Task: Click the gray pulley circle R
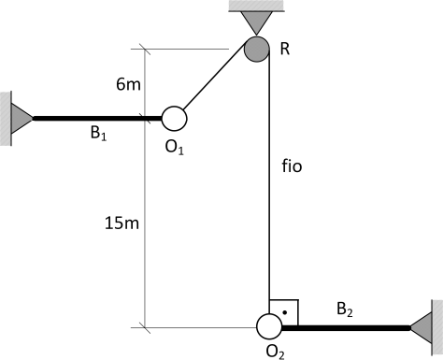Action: click(256, 49)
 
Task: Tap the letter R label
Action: click(285, 49)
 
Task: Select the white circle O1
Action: click(174, 119)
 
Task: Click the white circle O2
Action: click(269, 326)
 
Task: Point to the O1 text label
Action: click(175, 147)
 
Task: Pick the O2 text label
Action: click(275, 352)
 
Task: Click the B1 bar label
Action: click(98, 133)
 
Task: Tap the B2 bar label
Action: click(345, 310)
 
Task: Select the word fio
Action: click(292, 166)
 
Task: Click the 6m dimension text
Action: click(128, 84)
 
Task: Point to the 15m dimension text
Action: click(121, 223)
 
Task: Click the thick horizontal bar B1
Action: click(97, 119)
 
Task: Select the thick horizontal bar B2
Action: click(346, 328)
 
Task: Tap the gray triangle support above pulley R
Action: click(256, 22)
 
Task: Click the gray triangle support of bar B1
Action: click(21, 119)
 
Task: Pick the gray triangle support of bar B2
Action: click(421, 328)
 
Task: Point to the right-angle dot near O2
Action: click(284, 312)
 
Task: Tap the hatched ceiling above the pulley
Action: click(256, 6)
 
